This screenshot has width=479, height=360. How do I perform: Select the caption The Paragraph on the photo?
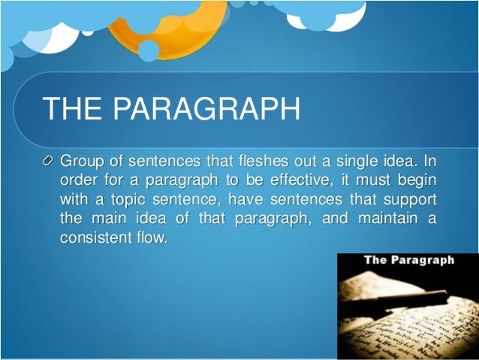click(409, 261)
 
